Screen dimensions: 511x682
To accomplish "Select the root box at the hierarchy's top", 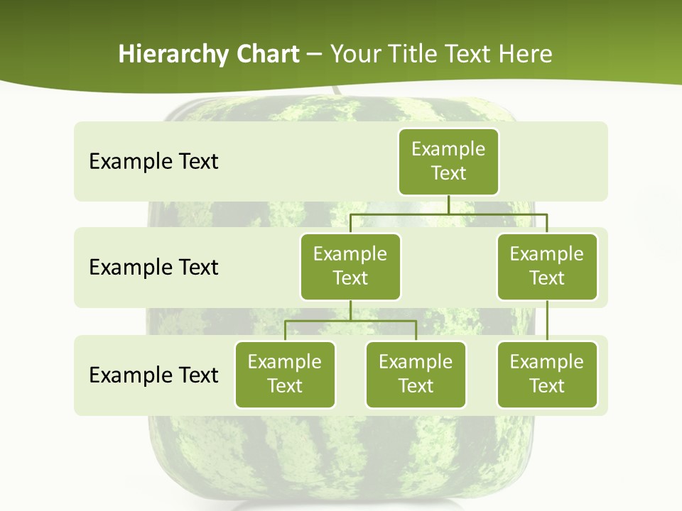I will click(x=448, y=161).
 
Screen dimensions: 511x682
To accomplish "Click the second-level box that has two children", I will click(x=350, y=266).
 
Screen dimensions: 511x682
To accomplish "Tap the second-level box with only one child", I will click(x=547, y=266).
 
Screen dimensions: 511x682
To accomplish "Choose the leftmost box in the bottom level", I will click(x=285, y=374).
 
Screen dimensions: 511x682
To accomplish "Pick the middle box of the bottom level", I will click(x=416, y=374).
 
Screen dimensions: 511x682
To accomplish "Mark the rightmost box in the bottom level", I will click(x=547, y=374).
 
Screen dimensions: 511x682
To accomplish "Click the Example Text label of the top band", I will click(x=153, y=161).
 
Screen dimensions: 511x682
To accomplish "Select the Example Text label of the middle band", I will click(x=153, y=267).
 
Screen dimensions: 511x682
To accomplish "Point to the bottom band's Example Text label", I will click(x=153, y=375).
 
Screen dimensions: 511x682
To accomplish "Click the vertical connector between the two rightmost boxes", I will click(x=547, y=320).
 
